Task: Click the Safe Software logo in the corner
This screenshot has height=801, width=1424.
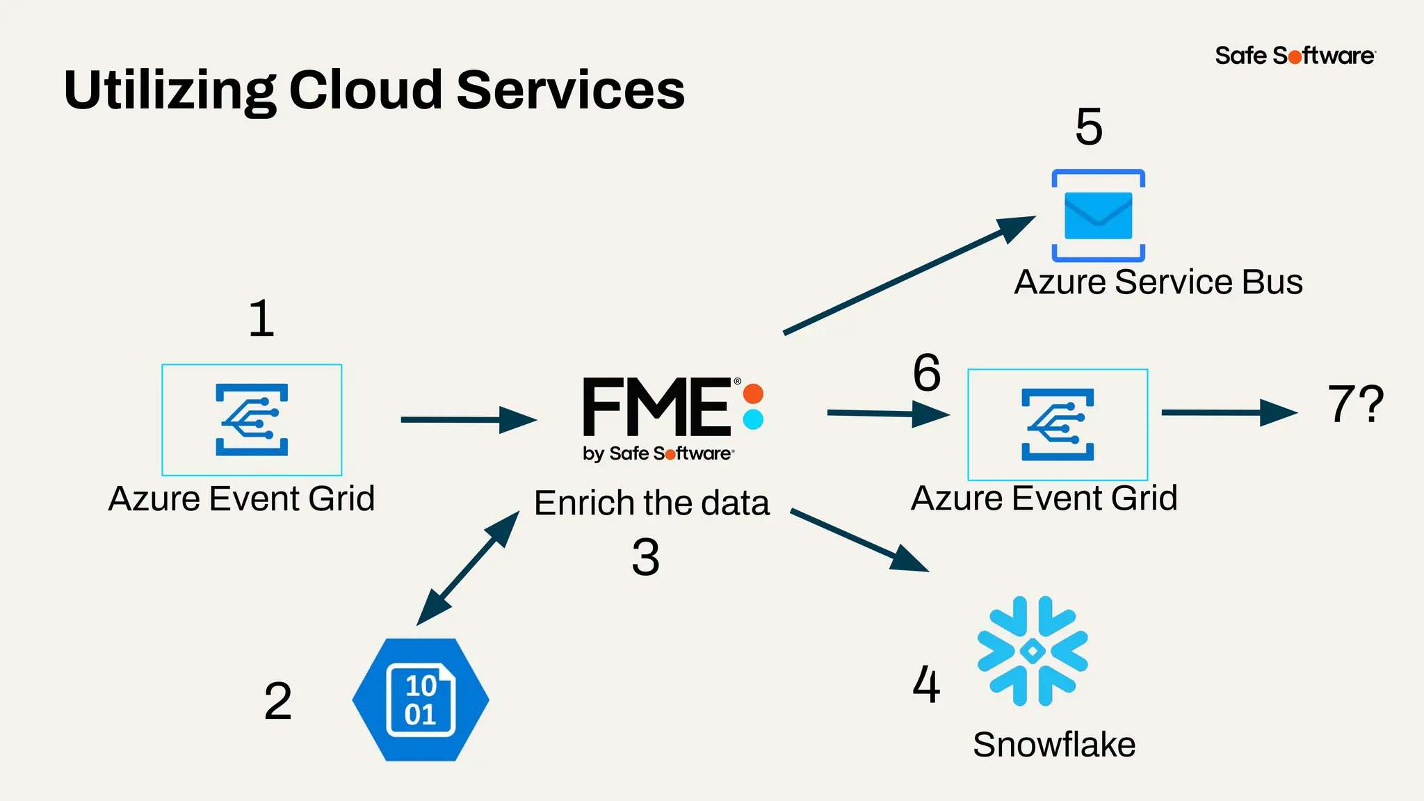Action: click(x=1295, y=56)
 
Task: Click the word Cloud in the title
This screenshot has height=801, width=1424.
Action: click(x=365, y=90)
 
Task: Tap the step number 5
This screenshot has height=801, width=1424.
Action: click(x=1088, y=127)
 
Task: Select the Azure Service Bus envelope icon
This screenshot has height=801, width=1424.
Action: click(x=1098, y=216)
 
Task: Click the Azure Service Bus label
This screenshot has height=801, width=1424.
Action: click(x=1158, y=282)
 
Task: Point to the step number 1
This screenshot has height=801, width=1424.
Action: click(x=261, y=319)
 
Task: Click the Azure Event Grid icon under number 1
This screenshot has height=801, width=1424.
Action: click(x=252, y=419)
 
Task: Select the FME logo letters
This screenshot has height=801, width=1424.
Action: click(x=657, y=407)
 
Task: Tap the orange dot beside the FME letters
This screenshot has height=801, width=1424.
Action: click(x=753, y=394)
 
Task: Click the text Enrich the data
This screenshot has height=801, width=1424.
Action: click(x=652, y=503)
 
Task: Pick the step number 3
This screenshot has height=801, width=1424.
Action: click(x=645, y=558)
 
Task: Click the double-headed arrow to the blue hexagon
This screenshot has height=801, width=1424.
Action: click(x=468, y=568)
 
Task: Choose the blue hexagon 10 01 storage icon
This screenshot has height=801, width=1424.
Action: click(x=421, y=699)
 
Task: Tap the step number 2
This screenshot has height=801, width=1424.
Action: click(x=277, y=701)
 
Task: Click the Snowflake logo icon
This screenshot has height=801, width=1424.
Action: click(x=1033, y=651)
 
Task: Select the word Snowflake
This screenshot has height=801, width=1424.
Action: click(x=1054, y=745)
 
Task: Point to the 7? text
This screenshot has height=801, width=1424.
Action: click(x=1355, y=404)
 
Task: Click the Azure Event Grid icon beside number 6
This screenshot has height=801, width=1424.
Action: click(x=1058, y=424)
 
